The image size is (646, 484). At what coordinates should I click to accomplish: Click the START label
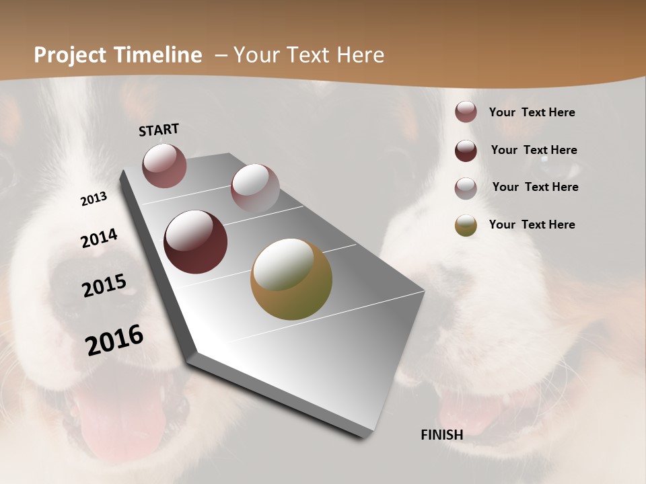159,130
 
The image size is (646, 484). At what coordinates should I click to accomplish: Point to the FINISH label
441,435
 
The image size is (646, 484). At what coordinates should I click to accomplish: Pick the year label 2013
94,199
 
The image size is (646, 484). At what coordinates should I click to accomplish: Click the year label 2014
99,239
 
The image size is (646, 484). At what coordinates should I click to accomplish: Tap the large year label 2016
114,340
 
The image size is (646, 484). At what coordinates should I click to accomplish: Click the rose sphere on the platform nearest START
164,165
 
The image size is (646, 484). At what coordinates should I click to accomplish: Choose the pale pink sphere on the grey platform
255,188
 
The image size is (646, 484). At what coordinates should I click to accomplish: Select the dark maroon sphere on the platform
196,242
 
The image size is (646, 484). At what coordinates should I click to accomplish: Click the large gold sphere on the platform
291,279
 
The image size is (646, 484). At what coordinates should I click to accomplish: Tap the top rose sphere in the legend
466,112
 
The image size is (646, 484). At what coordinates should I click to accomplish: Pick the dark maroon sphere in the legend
466,151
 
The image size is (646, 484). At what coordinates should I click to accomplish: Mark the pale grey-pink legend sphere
466,188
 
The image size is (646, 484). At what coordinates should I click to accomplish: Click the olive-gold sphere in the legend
466,225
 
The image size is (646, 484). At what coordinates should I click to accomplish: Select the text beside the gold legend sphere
532,225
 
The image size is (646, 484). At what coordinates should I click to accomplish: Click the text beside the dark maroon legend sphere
534,150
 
